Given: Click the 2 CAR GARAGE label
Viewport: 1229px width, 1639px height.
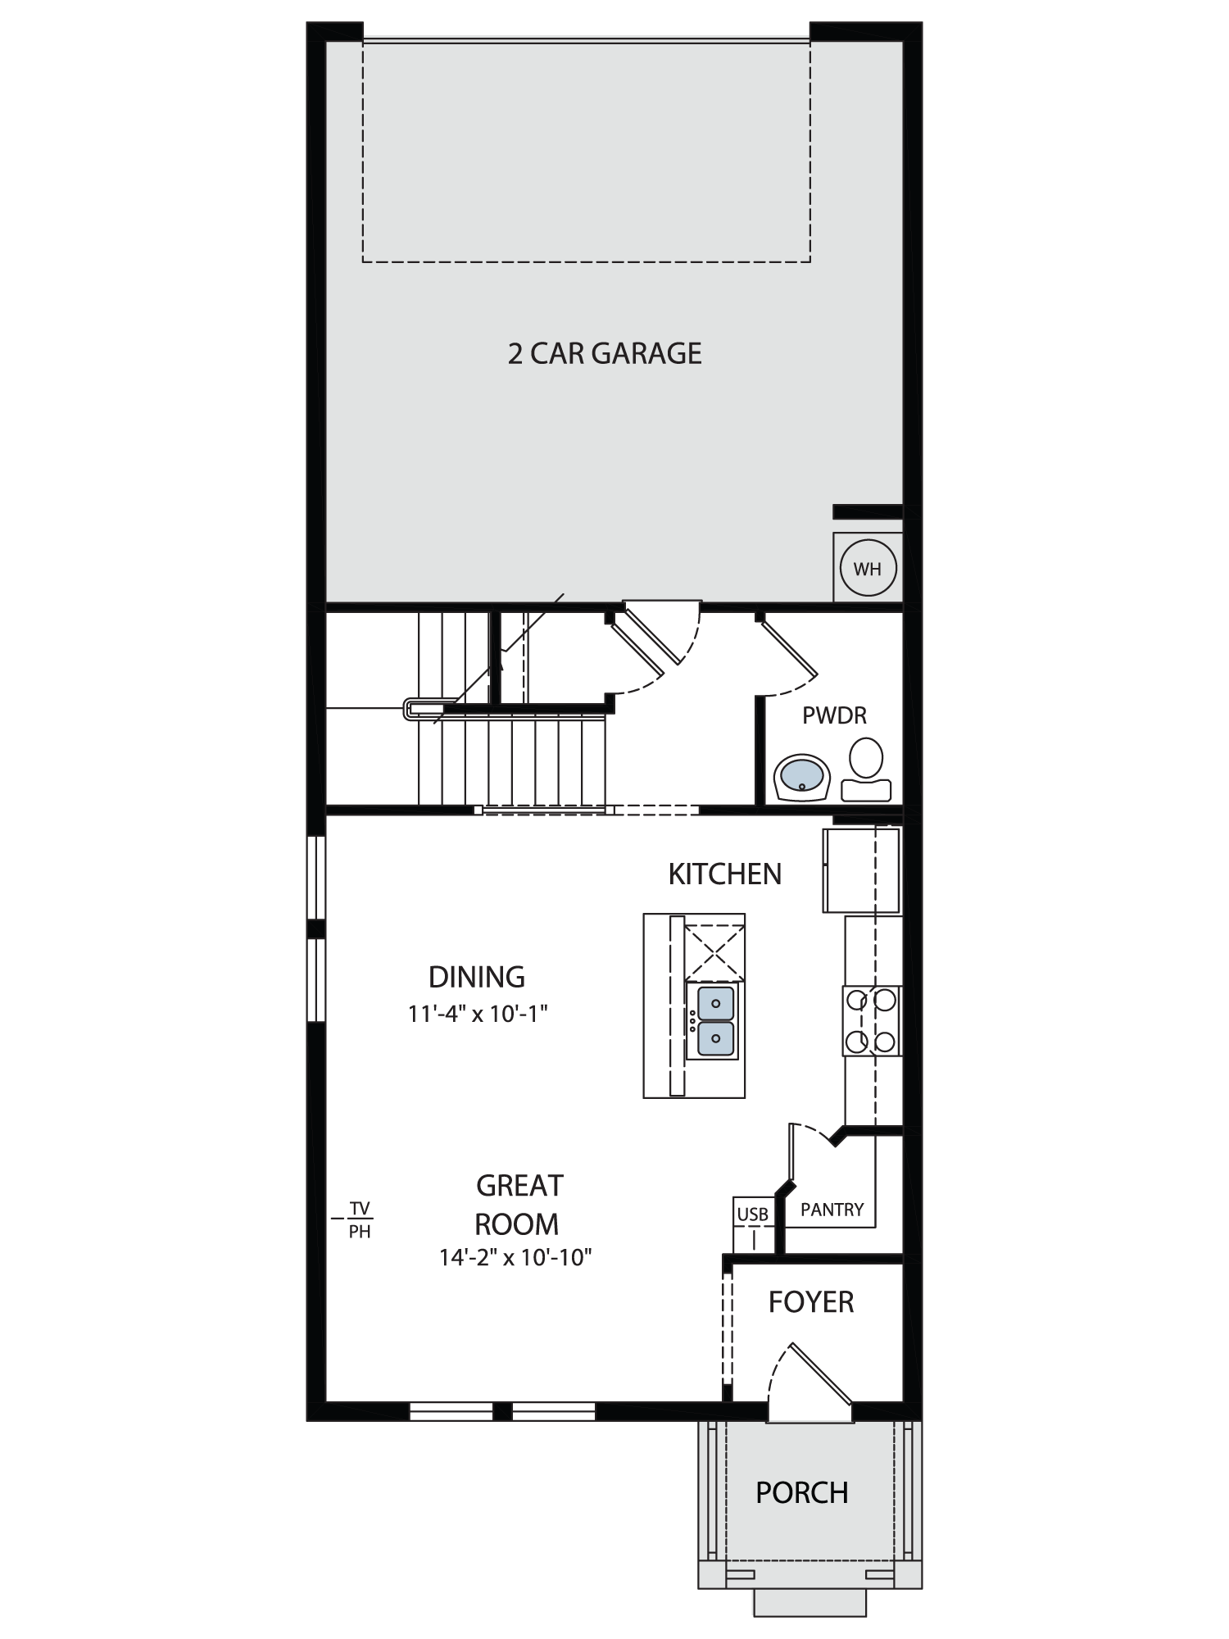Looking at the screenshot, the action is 605,353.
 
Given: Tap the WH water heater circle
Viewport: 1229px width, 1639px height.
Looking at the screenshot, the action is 868,568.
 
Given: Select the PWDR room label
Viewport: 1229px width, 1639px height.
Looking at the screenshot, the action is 834,715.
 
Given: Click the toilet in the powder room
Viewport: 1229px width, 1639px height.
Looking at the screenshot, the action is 866,769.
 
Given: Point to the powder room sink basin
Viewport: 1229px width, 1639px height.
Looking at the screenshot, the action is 802,777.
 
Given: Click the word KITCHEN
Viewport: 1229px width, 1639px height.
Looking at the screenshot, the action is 725,874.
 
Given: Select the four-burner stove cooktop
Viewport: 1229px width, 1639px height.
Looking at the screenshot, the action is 872,1020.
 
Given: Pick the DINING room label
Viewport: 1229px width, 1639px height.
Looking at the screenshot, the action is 477,977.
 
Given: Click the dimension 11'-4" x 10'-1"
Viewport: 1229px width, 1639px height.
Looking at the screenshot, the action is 478,1014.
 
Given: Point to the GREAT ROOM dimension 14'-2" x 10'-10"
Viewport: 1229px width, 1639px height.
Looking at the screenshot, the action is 515,1257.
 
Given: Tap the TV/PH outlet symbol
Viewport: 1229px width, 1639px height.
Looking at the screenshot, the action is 359,1219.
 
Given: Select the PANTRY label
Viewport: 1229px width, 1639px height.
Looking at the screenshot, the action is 832,1210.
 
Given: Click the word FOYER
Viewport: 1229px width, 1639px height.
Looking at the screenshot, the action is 811,1302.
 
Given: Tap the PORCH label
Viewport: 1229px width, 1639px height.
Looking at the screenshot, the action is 801,1493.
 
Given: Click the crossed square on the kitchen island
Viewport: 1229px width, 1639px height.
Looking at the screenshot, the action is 715,952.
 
